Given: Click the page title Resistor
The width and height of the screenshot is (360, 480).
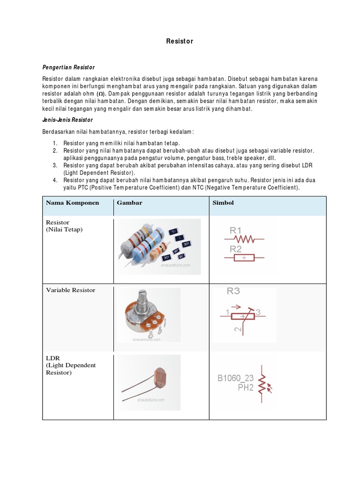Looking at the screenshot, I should click(180, 41).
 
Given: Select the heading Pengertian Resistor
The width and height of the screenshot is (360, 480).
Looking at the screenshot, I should click(68, 67).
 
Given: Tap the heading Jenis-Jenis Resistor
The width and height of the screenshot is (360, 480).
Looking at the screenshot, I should click(67, 120).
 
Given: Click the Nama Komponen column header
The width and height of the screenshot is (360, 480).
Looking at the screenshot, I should click(72, 203).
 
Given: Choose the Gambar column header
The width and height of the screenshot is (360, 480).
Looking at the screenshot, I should click(129, 203).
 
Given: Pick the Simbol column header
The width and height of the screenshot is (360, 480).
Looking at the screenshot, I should click(223, 203).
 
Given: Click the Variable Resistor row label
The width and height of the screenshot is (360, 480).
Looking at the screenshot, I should click(70, 290).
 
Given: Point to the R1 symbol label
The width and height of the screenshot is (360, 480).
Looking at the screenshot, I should click(235, 231).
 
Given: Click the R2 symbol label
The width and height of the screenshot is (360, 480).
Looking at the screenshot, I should click(235, 249).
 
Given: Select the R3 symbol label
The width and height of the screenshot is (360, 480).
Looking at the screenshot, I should click(233, 291).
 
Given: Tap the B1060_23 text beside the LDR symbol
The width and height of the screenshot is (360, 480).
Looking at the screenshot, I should click(235, 378).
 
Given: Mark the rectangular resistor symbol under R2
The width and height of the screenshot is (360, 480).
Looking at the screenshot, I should click(244, 258).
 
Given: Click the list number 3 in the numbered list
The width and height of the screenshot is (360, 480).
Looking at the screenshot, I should click(54, 165).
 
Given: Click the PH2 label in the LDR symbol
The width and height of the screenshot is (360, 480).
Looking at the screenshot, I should click(245, 388).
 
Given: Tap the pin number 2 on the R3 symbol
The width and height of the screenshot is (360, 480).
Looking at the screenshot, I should click(238, 330).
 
